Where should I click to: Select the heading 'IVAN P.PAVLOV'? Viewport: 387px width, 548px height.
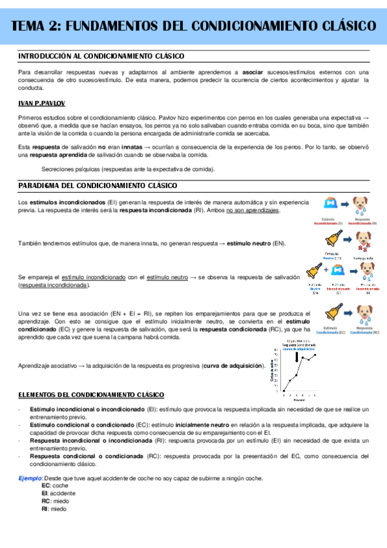[x=41, y=103]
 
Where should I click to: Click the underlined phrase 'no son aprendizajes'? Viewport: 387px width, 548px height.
[x=253, y=211]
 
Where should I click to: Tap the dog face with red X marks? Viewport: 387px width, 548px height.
[x=364, y=240]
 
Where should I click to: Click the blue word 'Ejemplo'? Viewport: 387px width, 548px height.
[x=30, y=478]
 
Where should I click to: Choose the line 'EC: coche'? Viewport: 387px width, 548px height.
[x=55, y=485]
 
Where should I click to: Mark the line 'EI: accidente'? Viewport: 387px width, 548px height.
[x=59, y=493]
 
